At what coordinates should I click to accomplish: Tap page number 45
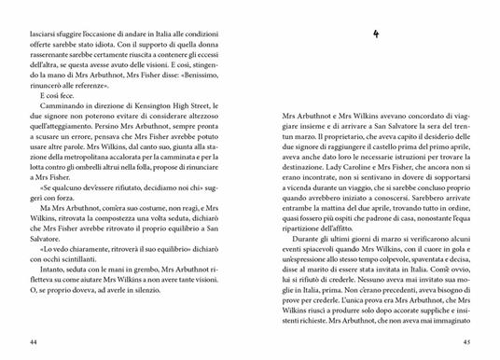(x=460, y=342)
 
